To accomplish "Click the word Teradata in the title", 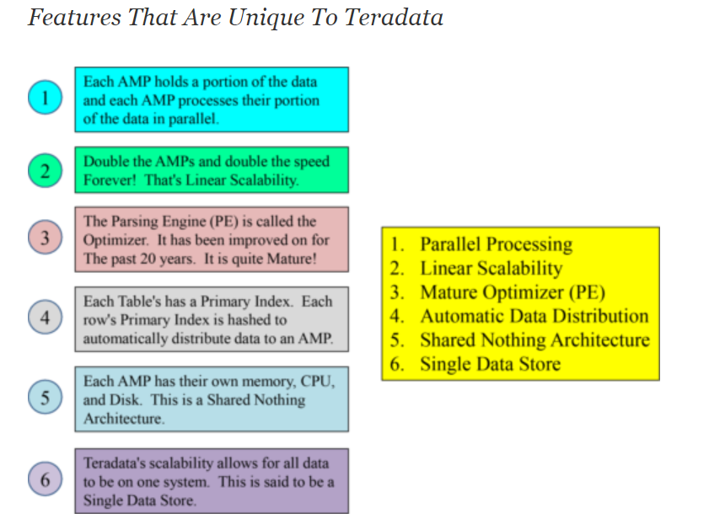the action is [394, 18].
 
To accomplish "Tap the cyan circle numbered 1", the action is [46, 97].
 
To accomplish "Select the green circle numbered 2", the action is [46, 171].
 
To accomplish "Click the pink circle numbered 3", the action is [46, 238].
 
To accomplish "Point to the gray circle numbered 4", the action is [46, 317].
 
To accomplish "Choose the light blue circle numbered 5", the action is [46, 397].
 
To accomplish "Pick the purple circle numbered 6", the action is [46, 479].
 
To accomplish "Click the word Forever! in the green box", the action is [110, 179].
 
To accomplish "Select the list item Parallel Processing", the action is [496, 244].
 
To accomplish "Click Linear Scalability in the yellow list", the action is [491, 269].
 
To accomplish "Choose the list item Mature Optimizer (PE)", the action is [513, 292].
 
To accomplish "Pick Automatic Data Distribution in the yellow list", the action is [534, 316].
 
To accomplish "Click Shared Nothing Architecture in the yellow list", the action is [535, 340].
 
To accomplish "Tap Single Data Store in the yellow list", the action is [490, 364].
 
